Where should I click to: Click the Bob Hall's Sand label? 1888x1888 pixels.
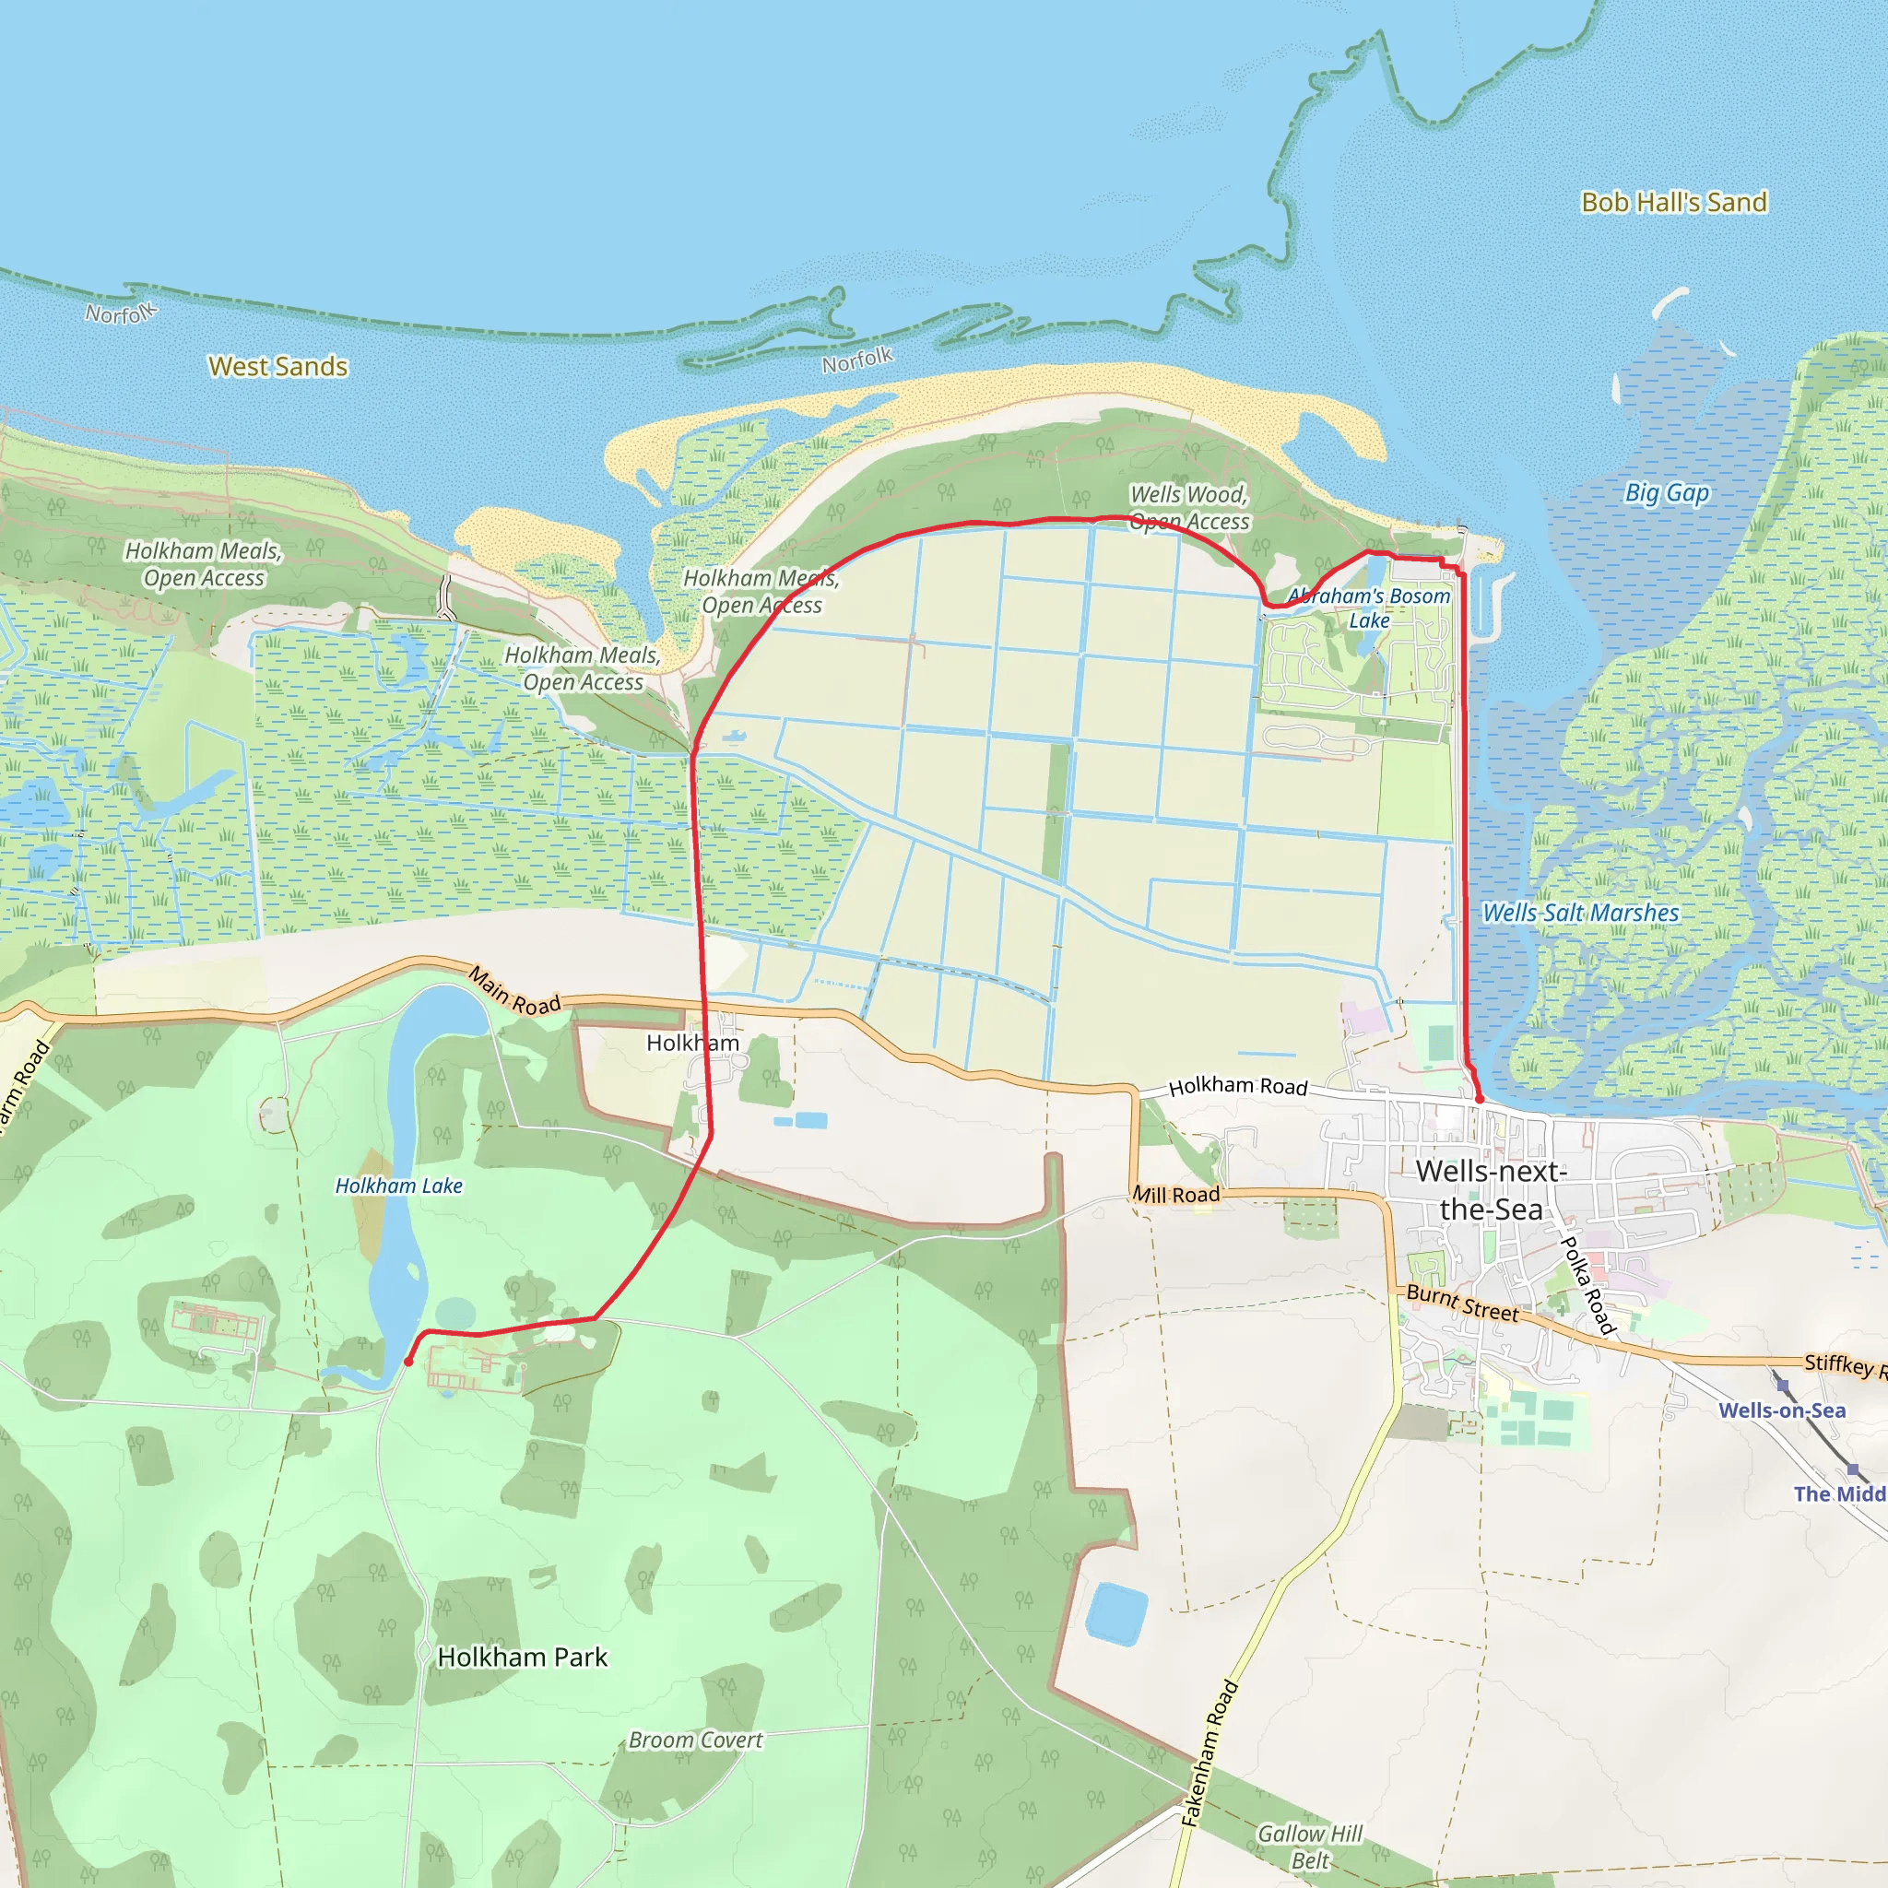pos(1674,202)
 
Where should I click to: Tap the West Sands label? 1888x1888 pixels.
pos(278,367)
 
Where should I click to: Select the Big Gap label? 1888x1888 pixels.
pos(1667,492)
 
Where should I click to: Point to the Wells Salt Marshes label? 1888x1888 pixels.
pos(1580,913)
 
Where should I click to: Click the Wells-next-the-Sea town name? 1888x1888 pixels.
pos(1492,1189)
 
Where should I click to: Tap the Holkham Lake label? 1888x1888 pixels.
pos(398,1186)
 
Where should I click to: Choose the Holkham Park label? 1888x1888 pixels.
pos(523,1658)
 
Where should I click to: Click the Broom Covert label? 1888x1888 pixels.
pos(695,1740)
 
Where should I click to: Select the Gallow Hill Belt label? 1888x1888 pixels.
pos(1309,1847)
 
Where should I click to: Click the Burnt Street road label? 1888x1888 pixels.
pos(1462,1303)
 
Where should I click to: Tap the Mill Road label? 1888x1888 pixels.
pos(1176,1194)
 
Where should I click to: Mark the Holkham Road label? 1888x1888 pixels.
pos(1238,1086)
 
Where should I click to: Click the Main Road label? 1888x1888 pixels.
pos(514,991)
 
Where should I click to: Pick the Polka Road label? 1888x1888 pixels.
pos(1588,1284)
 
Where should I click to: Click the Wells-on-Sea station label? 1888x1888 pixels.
pos(1783,1410)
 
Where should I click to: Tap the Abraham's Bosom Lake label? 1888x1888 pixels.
pos(1369,608)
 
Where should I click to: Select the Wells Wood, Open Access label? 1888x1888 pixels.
pos(1189,508)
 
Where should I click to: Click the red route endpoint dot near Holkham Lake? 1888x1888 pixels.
pos(408,1362)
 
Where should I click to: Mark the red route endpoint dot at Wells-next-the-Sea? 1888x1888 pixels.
pos(1480,1100)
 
